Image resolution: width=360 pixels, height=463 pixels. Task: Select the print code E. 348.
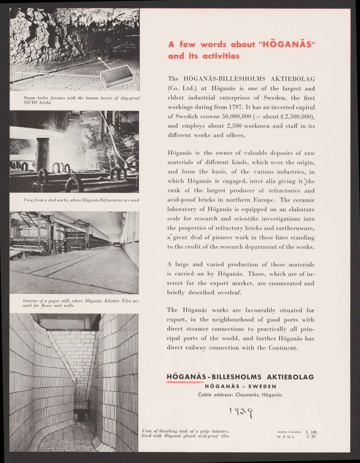(311, 432)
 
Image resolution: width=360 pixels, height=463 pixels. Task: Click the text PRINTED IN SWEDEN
(289, 432)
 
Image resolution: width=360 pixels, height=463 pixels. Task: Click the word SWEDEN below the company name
(262, 386)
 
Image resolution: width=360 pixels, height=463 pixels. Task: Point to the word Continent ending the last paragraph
(283, 348)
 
